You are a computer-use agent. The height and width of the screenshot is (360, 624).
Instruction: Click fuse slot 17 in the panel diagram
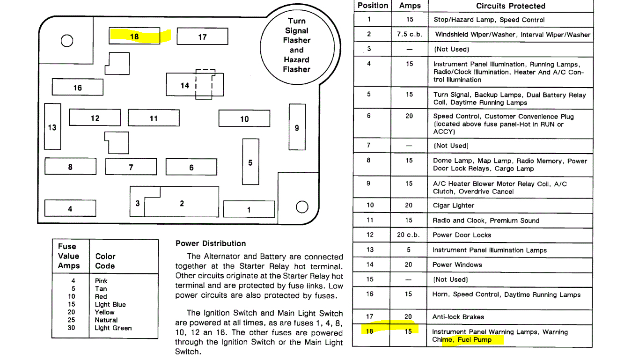tap(202, 37)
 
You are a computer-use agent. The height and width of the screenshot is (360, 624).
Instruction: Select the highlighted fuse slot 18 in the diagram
tap(134, 36)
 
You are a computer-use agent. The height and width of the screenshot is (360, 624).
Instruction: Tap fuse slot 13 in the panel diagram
tap(52, 127)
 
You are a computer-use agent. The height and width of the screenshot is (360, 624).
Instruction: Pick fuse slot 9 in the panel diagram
tap(297, 127)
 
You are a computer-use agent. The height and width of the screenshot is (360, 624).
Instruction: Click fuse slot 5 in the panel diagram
tap(250, 162)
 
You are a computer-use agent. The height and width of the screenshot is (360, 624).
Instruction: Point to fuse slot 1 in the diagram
tap(249, 209)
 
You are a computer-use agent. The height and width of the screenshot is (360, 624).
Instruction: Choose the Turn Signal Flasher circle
tap(296, 45)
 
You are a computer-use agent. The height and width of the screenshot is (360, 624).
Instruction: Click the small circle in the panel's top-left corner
tap(67, 41)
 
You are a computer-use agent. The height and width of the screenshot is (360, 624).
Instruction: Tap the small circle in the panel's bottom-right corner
tap(302, 206)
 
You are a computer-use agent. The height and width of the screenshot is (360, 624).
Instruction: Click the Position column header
tap(373, 6)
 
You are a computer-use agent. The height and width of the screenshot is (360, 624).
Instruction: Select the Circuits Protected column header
tap(510, 6)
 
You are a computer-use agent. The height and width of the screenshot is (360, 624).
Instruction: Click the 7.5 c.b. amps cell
tap(409, 34)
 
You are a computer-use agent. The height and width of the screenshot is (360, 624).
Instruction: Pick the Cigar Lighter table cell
tap(453, 205)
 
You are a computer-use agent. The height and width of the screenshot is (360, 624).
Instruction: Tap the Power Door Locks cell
tap(462, 235)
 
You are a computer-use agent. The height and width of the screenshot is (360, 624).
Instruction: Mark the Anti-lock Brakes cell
tap(458, 317)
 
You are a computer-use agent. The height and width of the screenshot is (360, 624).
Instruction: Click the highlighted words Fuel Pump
tap(474, 339)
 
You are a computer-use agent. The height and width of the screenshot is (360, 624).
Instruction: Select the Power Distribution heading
tap(210, 243)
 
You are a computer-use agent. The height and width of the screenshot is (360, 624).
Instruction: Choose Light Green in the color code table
tap(113, 328)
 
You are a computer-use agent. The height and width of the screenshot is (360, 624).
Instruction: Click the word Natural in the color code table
tap(106, 320)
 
